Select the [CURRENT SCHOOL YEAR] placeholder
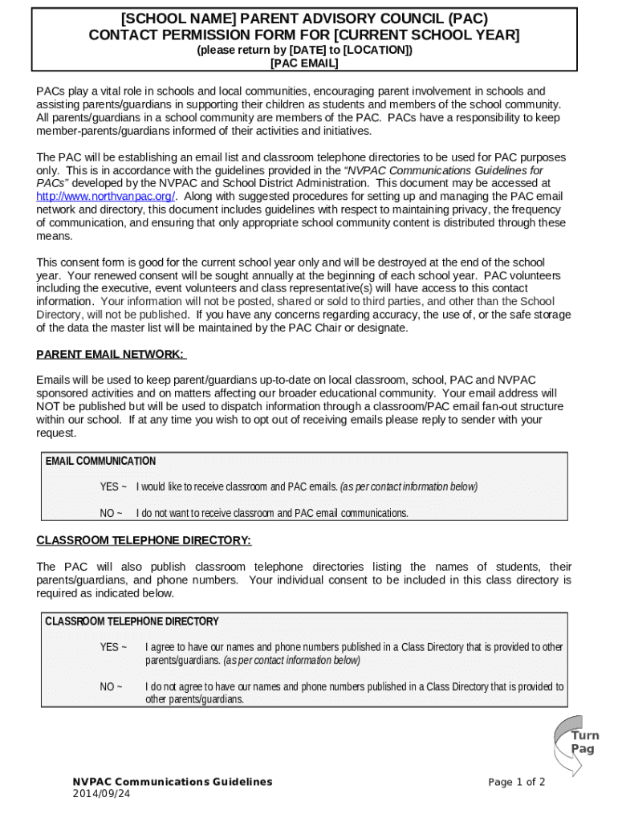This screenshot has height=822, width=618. coord(426,35)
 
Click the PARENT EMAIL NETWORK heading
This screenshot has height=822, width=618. coord(111,355)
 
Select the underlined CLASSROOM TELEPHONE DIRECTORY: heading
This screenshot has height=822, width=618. coord(144,541)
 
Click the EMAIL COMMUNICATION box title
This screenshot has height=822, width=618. coord(100,462)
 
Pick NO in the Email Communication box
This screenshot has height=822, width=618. coord(112,513)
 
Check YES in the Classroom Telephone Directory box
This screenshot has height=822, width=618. coord(113,647)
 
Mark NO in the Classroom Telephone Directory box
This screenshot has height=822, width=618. coord(112,687)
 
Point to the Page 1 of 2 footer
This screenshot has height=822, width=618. coord(516,782)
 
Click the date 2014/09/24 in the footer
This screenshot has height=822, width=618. coord(101,794)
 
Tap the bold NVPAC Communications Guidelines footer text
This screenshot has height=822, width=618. coord(173,782)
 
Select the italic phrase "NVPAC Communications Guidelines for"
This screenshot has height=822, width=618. coord(444,171)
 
